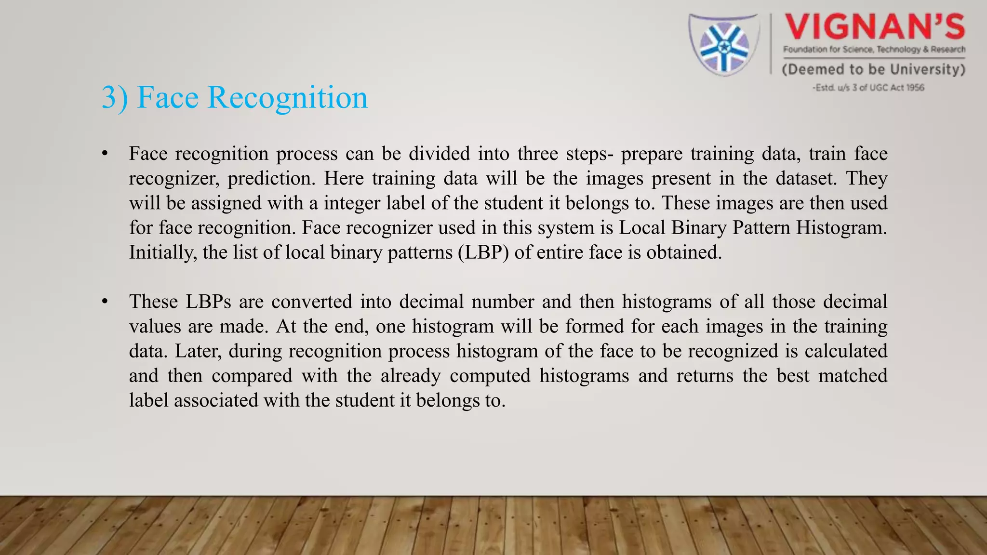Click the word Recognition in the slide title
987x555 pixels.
[x=287, y=98]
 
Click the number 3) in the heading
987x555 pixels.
[x=115, y=98]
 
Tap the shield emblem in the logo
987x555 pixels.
[x=723, y=45]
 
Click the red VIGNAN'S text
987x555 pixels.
[x=875, y=27]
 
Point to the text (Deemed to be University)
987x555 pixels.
[x=873, y=69]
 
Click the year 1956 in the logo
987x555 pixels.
[x=915, y=88]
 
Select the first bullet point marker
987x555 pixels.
[x=105, y=154]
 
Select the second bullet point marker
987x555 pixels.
[x=105, y=302]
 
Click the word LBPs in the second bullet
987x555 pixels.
[x=208, y=302]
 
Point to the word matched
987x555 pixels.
[x=853, y=376]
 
